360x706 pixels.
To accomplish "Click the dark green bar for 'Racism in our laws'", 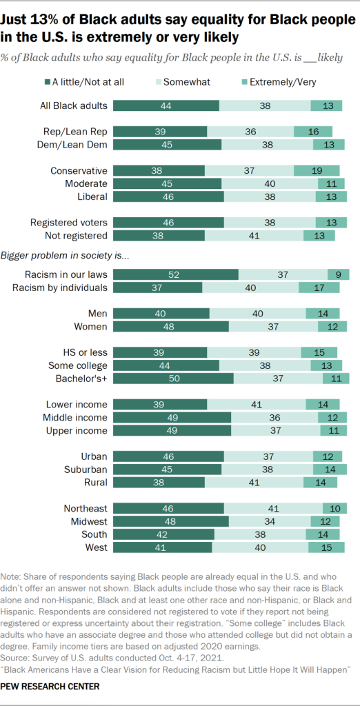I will point(175,274).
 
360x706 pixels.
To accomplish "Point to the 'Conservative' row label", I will point(79,170).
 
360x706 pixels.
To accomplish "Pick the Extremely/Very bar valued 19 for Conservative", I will point(317,170).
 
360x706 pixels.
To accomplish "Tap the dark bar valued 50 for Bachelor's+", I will point(173,379).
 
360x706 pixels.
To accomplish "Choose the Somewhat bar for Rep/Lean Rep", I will point(250,131).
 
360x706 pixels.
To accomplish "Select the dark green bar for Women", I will point(170,326).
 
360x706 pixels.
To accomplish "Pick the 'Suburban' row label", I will point(83,469).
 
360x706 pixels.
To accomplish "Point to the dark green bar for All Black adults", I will point(166,105).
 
